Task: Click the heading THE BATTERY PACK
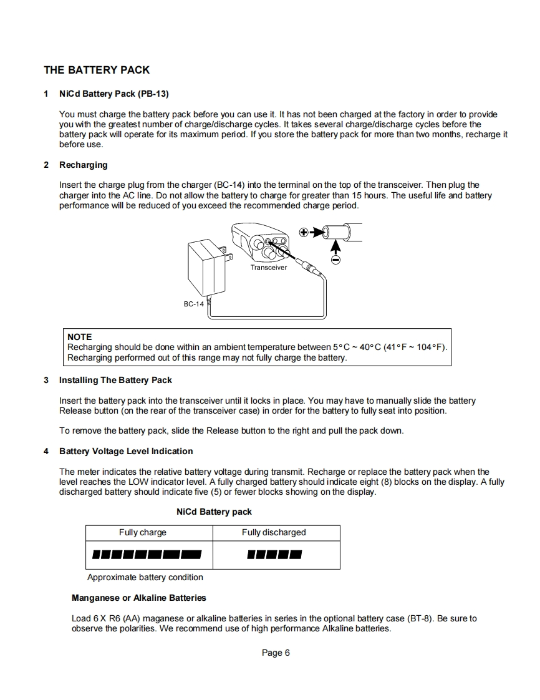click(x=97, y=70)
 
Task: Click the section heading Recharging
click(x=83, y=165)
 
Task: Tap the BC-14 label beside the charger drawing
click(x=193, y=304)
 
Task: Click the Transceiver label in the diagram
click(x=269, y=268)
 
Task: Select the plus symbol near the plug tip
click(x=304, y=232)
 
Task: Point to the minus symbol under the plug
click(x=335, y=260)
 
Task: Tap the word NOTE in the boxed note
click(x=79, y=336)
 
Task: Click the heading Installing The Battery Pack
click(x=115, y=380)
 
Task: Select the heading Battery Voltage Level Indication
click(x=126, y=451)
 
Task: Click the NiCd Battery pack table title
click(x=214, y=512)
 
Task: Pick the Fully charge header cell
click(x=143, y=532)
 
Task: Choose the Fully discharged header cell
click(x=274, y=532)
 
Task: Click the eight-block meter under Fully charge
click(x=147, y=554)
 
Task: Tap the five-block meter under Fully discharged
click(x=274, y=554)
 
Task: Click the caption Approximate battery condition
click(x=145, y=577)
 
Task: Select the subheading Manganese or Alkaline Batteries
click(x=138, y=598)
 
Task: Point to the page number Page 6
click(x=276, y=653)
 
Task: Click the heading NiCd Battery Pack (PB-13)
click(x=114, y=94)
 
